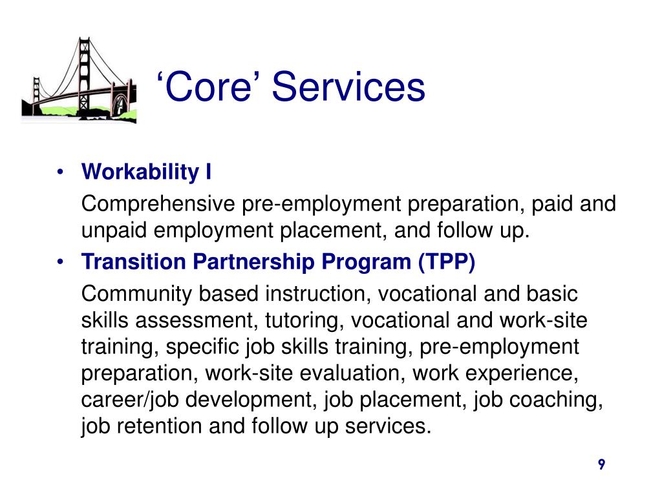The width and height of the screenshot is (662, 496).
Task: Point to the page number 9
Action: coord(601,465)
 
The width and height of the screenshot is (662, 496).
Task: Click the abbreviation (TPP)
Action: coord(447,263)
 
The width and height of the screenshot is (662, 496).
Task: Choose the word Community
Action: coord(136,294)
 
